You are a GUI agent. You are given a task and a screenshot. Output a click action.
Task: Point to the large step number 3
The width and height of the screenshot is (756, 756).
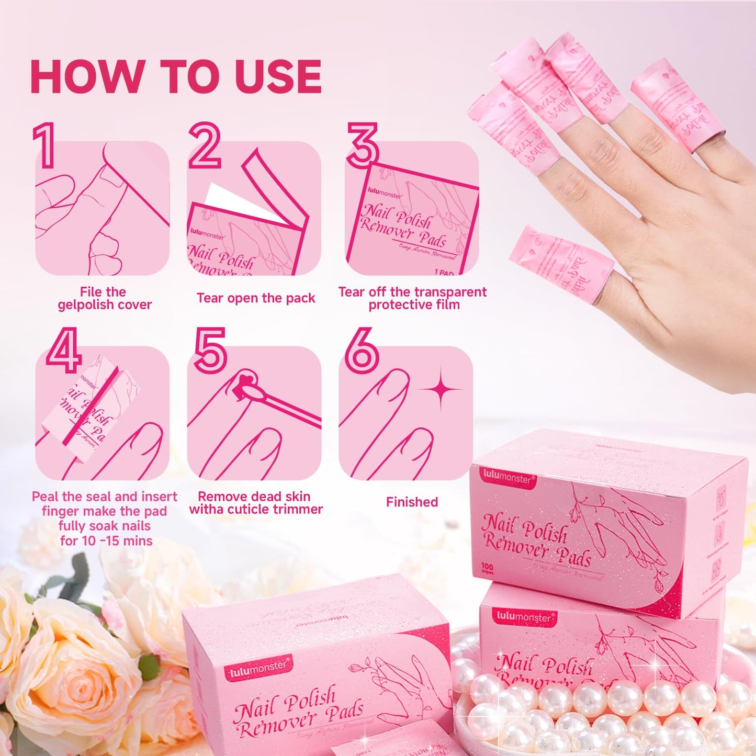[363, 145]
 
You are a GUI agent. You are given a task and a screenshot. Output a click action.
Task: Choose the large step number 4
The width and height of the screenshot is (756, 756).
[63, 350]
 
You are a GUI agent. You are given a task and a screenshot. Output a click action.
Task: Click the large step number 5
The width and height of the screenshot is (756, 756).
[210, 350]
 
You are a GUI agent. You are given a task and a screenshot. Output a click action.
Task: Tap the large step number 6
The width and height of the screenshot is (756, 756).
[362, 350]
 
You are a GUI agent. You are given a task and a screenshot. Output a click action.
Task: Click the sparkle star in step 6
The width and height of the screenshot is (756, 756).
[441, 389]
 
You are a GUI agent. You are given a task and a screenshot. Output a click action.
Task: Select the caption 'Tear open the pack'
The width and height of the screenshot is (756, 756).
[255, 298]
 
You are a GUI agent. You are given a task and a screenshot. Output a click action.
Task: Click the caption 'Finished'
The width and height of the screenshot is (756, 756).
[412, 502]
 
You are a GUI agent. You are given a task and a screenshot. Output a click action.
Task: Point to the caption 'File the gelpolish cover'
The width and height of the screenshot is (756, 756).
[104, 298]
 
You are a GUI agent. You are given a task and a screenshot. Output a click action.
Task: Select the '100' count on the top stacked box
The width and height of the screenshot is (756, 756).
[487, 567]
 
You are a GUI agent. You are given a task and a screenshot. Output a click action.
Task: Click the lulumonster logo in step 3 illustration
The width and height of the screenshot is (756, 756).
[385, 193]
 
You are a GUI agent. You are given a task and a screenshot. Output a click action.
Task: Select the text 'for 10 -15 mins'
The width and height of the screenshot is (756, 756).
[106, 541]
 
